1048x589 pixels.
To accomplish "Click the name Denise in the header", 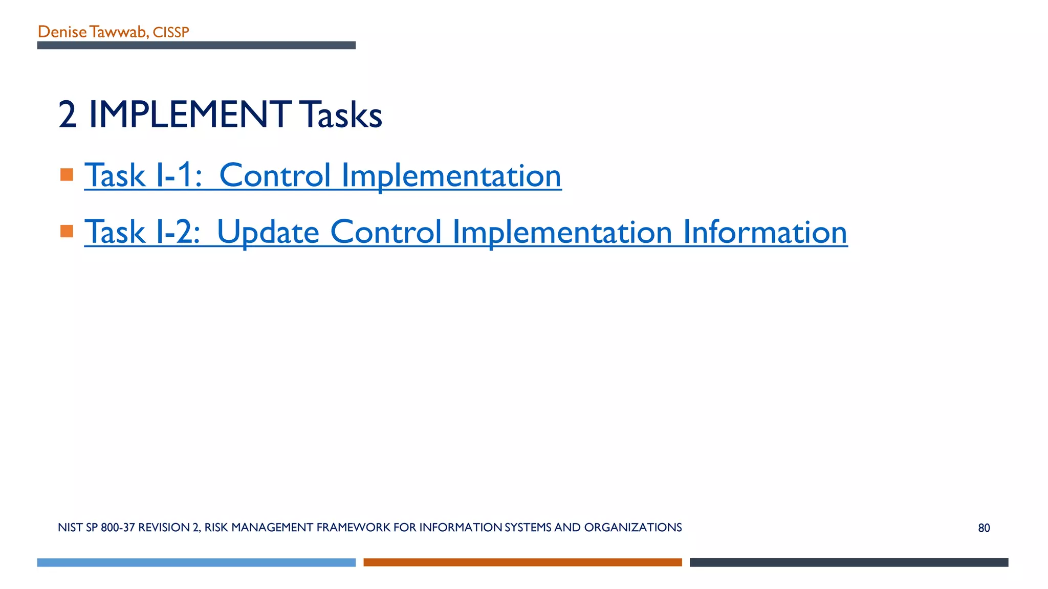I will (x=62, y=32).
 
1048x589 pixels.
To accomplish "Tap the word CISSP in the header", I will (x=171, y=33).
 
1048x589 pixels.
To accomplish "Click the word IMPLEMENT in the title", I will (x=190, y=115).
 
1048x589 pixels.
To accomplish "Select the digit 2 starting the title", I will (x=68, y=115).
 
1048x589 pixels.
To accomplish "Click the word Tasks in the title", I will (x=341, y=115).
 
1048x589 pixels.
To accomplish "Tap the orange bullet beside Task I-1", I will (x=67, y=175).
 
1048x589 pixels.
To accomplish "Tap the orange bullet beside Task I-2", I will (x=67, y=231).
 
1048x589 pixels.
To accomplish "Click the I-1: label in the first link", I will (x=179, y=175).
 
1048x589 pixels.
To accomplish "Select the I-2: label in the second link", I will (x=178, y=232).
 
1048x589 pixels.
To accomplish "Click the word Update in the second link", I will (x=268, y=232).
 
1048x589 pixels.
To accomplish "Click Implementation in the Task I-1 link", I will (x=451, y=175).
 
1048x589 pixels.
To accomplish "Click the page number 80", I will (x=984, y=528).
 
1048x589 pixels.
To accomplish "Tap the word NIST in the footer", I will (x=70, y=528).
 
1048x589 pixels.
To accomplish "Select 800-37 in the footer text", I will (x=118, y=528).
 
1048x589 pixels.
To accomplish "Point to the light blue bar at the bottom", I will (x=196, y=562).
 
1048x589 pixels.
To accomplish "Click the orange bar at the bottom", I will (x=522, y=562).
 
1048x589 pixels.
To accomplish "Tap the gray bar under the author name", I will (x=196, y=46).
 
